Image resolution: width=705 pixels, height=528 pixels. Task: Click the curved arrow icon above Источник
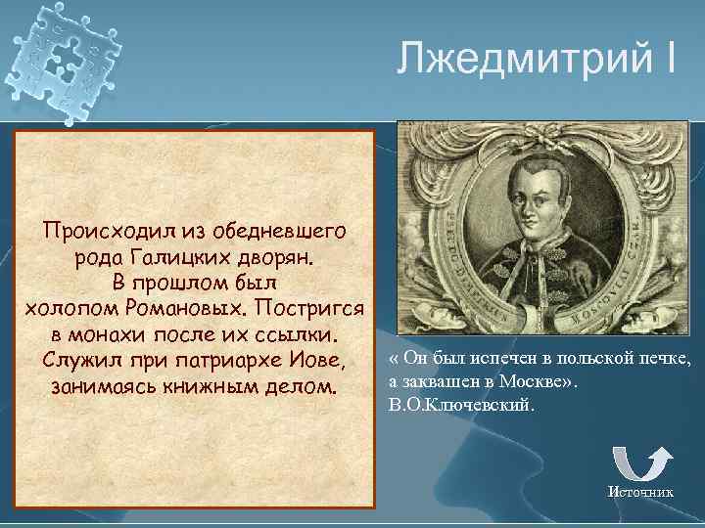[641, 462]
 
